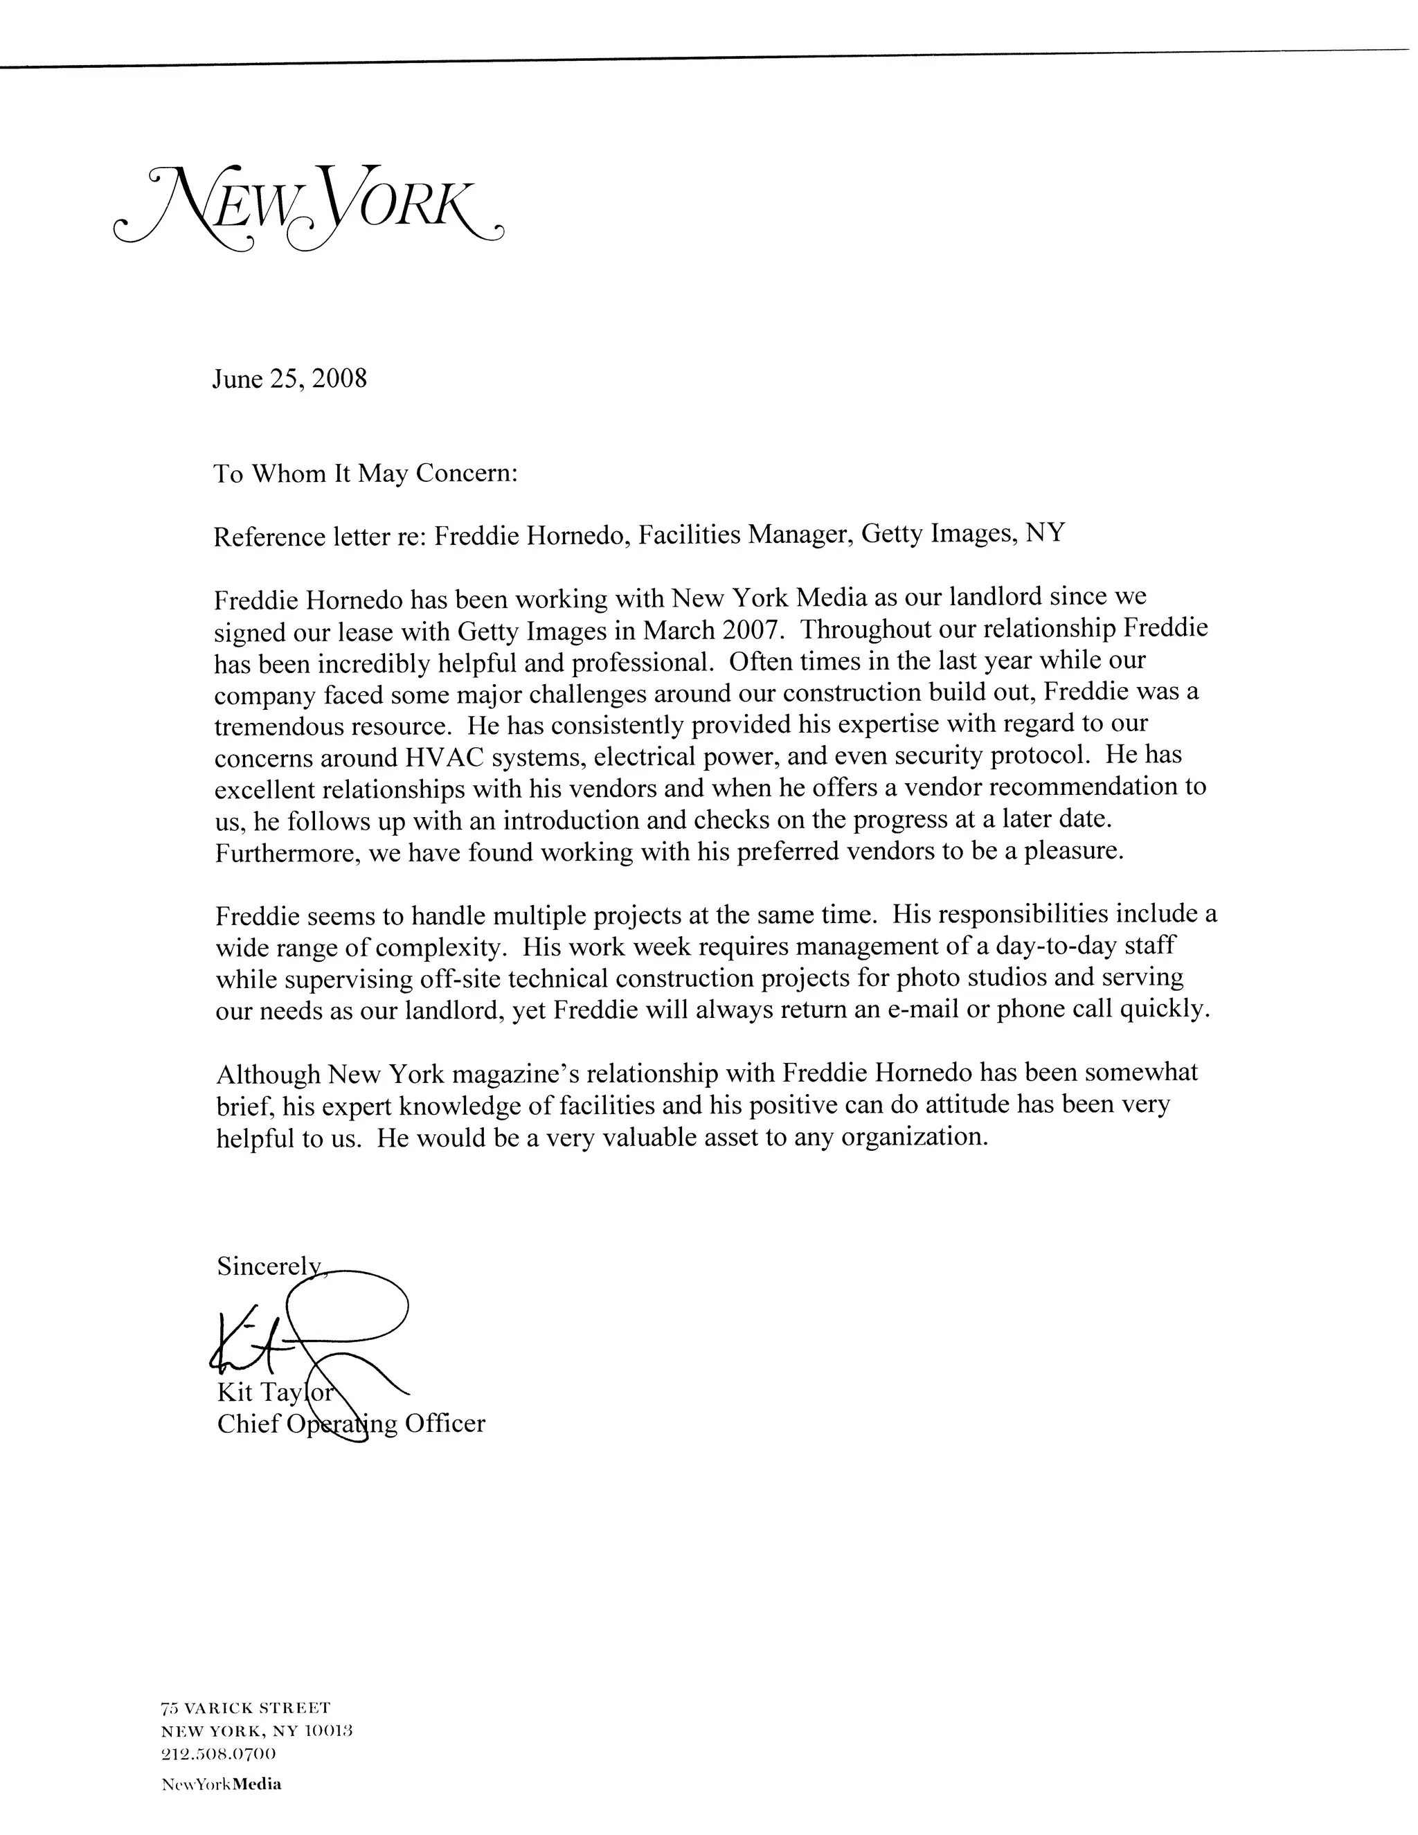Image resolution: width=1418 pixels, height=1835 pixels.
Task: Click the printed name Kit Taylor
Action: (275, 1393)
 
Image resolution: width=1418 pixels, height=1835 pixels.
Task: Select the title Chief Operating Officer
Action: (350, 1423)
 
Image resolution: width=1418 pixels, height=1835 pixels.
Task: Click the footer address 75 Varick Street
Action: (245, 1708)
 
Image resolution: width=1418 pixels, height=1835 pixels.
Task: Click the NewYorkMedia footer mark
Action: (222, 1784)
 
